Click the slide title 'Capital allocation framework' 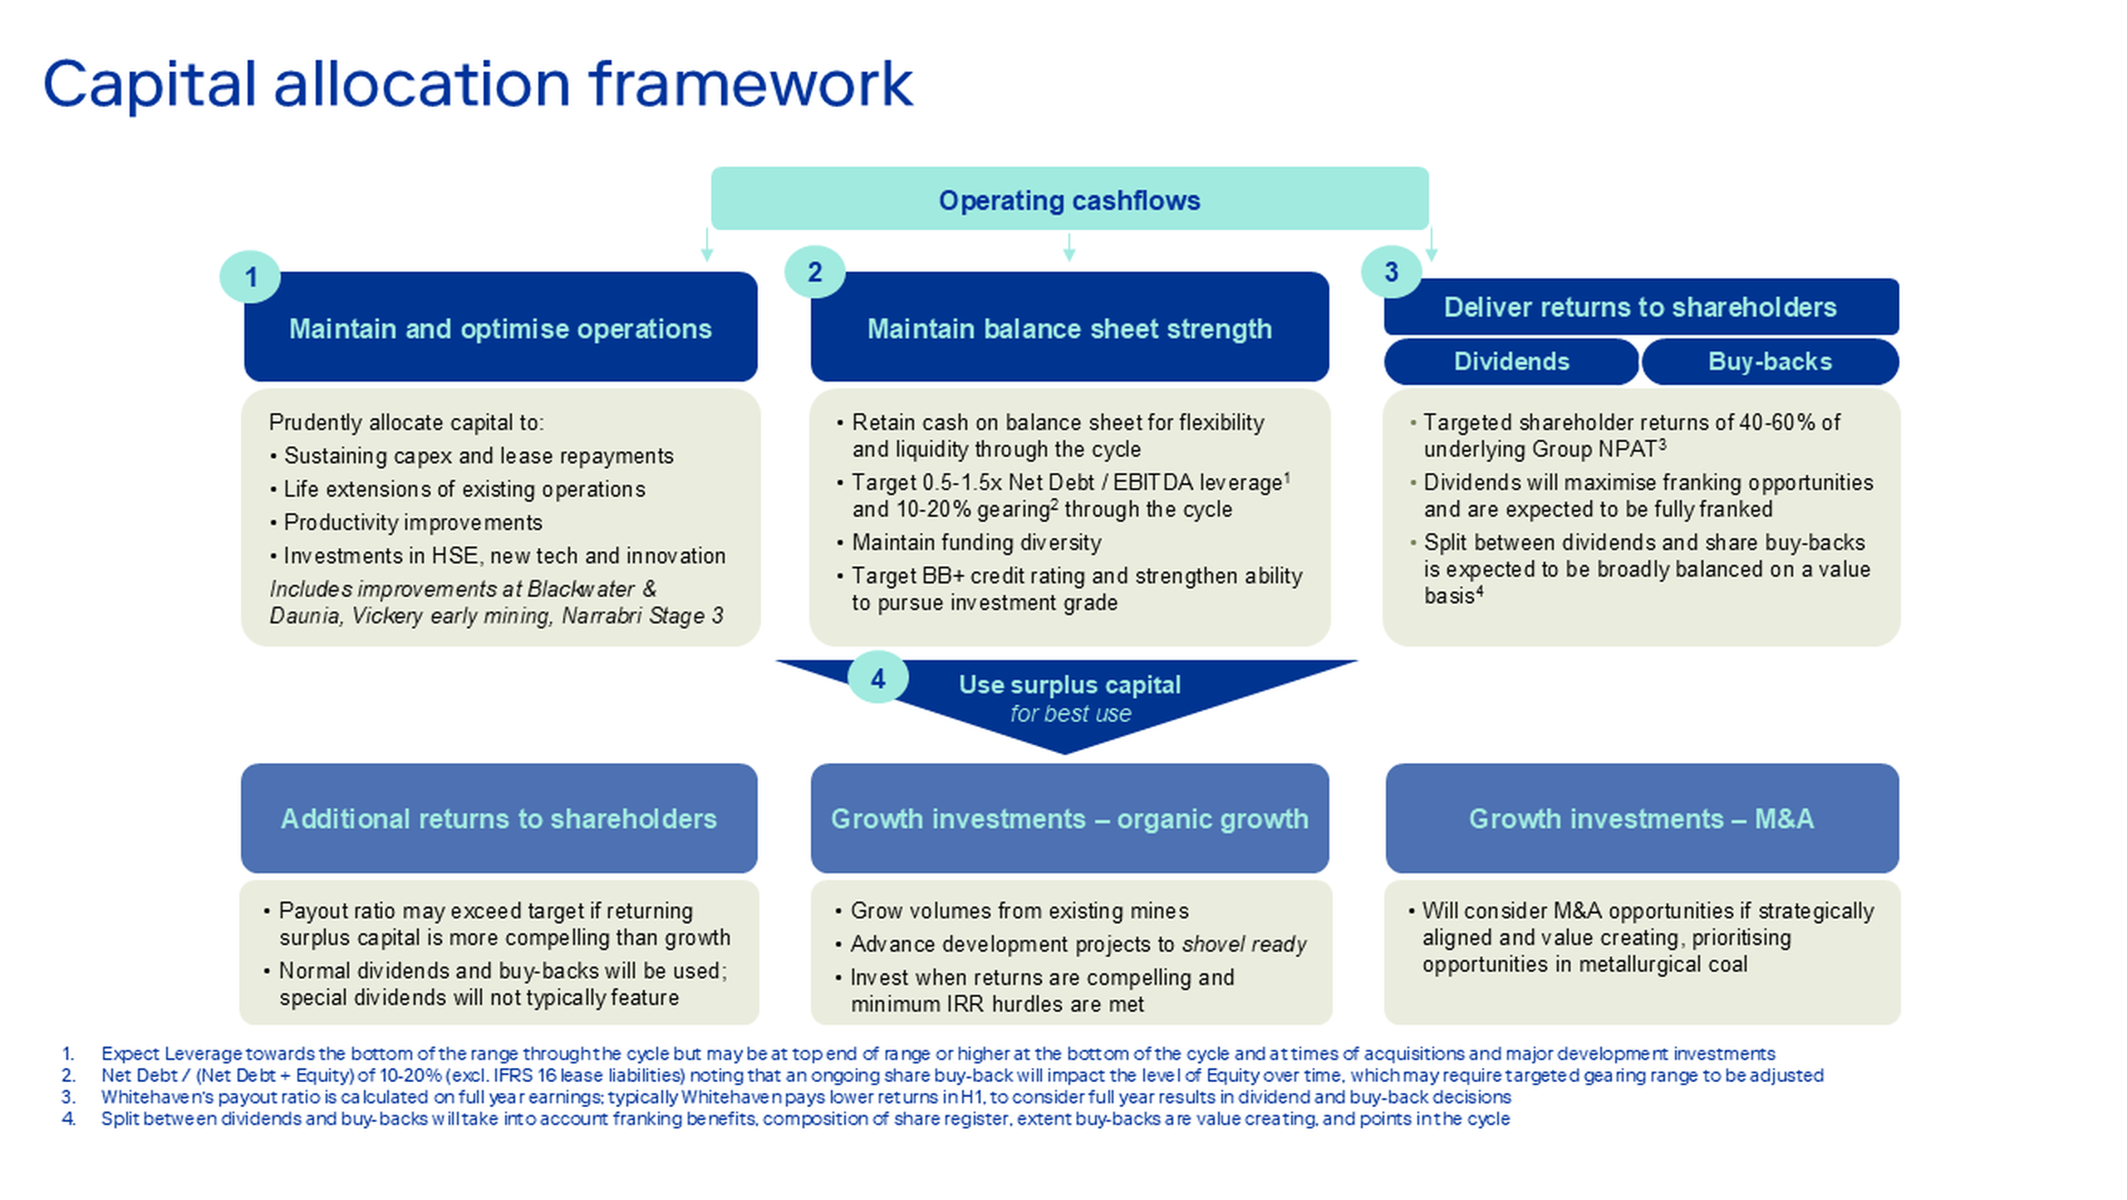coord(478,84)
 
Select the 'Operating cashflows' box coord(1069,199)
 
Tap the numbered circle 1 coord(250,277)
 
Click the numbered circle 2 coord(814,272)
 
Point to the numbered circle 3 coord(1392,272)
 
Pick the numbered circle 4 coord(878,679)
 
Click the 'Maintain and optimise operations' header coord(500,327)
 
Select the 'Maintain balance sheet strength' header coord(1069,327)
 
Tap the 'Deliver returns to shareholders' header coord(1641,307)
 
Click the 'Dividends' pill coord(1511,361)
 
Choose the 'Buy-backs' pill coord(1770,361)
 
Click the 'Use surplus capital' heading coord(1069,685)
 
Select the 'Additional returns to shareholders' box coord(499,819)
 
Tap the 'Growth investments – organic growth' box coord(1069,819)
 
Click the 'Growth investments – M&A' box coord(1642,819)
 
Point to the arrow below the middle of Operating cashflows coord(1069,247)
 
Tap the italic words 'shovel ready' coord(1244,945)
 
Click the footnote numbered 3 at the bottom coord(786,1097)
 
